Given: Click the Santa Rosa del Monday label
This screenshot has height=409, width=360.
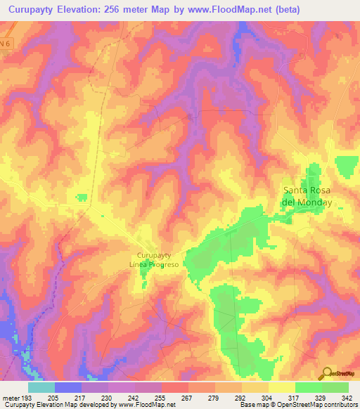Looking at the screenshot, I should point(307,196).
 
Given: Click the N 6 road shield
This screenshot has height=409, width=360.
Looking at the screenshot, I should point(6,43).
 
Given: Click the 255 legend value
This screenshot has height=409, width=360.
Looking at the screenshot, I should point(161,396).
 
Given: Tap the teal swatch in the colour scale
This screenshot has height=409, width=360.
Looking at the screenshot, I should point(41,387).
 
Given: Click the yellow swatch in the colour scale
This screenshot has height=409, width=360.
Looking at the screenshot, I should point(281,387).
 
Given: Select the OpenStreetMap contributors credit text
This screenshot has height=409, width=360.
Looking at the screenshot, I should point(310,405).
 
